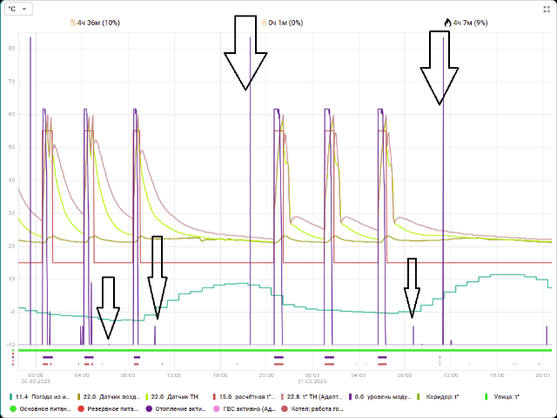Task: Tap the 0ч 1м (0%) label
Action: point(285,22)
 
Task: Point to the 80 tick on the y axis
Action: point(11,49)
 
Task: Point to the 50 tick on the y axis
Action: point(11,147)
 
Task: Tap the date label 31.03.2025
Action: point(311,381)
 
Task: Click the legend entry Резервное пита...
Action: point(112,408)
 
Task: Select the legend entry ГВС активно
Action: point(248,408)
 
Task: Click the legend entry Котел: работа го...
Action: point(323,408)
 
